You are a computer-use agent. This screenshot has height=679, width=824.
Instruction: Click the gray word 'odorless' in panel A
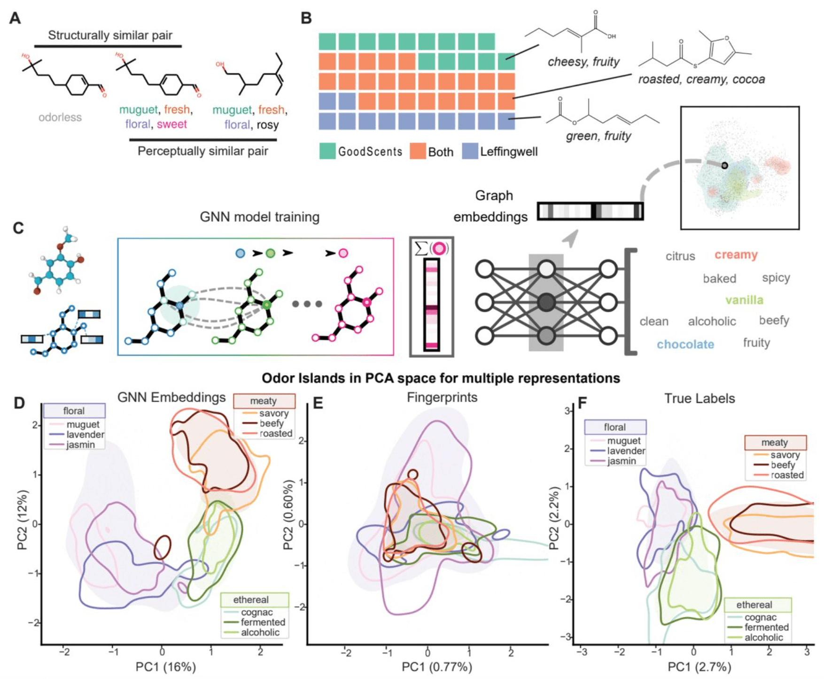(x=60, y=117)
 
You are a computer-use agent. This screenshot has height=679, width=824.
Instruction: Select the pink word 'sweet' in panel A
(x=172, y=124)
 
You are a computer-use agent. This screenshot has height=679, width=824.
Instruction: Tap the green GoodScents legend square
(x=327, y=151)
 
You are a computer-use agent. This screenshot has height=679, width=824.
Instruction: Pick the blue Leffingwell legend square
(x=470, y=151)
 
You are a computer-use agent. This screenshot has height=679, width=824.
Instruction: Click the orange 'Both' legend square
(x=418, y=151)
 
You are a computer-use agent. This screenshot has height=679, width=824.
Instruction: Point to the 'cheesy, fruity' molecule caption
(x=583, y=62)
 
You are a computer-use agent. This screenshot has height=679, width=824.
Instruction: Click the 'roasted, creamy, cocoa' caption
(x=701, y=79)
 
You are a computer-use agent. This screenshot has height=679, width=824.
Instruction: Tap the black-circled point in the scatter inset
(x=724, y=166)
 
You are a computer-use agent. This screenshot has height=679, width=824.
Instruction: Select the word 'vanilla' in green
(x=744, y=300)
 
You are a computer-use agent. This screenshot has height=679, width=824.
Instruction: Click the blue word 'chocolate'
(x=685, y=344)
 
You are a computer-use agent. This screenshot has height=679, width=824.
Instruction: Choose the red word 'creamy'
(x=736, y=255)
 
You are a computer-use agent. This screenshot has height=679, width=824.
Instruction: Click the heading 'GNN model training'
(x=259, y=217)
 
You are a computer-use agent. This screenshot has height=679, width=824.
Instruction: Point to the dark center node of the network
(x=546, y=302)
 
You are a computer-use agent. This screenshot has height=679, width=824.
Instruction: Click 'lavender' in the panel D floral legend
(x=85, y=434)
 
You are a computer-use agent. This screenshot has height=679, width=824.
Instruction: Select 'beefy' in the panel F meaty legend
(x=783, y=465)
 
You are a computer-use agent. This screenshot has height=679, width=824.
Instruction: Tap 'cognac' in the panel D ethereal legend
(x=257, y=612)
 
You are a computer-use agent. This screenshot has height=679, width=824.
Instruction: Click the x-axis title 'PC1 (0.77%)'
(x=437, y=667)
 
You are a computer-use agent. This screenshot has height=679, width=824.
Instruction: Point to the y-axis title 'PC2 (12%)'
(x=23, y=519)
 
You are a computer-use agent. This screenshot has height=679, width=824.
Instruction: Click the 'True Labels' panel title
(x=700, y=398)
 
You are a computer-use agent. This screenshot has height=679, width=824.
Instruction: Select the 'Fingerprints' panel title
(x=442, y=397)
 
